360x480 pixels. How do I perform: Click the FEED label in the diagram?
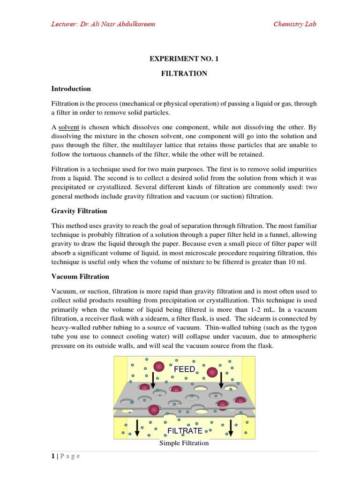184,369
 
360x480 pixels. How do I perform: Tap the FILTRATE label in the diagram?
185,430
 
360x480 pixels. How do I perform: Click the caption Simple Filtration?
184,443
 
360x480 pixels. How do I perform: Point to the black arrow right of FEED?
221,379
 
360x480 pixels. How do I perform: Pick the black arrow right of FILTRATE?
231,427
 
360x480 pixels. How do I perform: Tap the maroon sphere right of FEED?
213,372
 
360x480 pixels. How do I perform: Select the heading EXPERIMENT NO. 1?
184,59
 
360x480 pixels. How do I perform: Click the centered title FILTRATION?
184,74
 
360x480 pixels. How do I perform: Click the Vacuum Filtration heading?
80,277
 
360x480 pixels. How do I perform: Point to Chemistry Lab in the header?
295,24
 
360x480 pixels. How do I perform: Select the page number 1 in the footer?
53,456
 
